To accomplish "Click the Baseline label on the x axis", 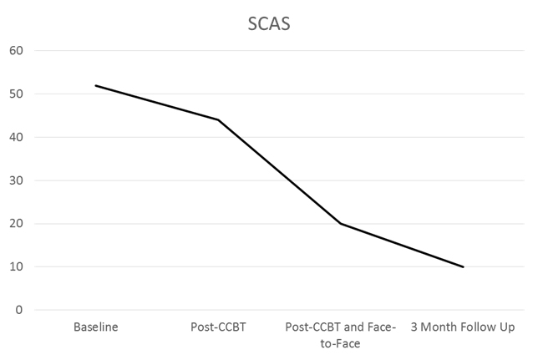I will [x=95, y=327].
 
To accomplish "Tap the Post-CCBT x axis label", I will [x=218, y=327].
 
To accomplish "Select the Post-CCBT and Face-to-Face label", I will [x=341, y=334].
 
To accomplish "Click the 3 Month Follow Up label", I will [x=463, y=327].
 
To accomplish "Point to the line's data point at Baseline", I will [x=95, y=85].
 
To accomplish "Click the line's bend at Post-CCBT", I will [x=218, y=119].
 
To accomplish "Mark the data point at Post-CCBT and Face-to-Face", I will [x=340, y=223].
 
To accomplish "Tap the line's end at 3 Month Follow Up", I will [x=463, y=267].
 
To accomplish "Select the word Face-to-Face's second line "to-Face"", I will [x=341, y=342].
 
